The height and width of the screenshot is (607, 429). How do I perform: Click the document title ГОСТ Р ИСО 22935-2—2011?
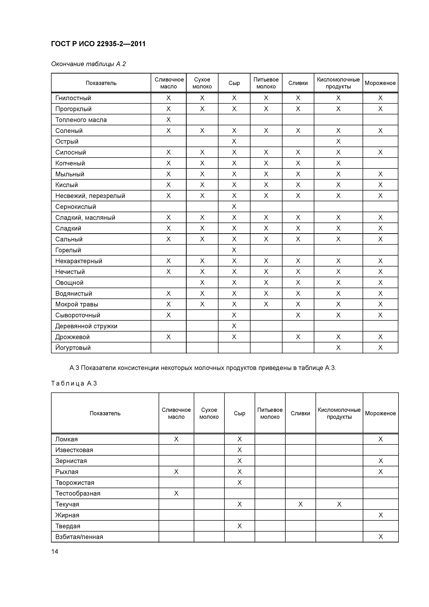click(x=98, y=44)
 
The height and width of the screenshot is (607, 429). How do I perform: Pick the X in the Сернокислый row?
click(x=234, y=207)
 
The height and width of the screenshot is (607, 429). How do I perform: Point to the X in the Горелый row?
click(x=234, y=250)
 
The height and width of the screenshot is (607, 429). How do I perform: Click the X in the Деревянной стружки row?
click(x=234, y=326)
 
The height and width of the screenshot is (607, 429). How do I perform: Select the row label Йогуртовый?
click(x=73, y=348)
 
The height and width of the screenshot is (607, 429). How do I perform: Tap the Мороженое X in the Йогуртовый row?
click(x=380, y=348)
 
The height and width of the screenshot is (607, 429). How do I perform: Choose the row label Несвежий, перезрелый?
click(x=90, y=196)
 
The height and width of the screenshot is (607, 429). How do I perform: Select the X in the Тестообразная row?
click(x=176, y=493)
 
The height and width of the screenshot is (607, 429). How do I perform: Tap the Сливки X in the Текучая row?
click(x=300, y=504)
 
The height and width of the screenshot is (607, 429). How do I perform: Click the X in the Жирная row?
click(x=380, y=515)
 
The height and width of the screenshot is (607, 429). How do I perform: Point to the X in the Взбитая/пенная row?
click(x=380, y=537)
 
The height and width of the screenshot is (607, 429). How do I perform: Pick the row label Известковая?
click(x=74, y=450)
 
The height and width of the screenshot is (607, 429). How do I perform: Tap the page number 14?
click(x=55, y=551)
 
